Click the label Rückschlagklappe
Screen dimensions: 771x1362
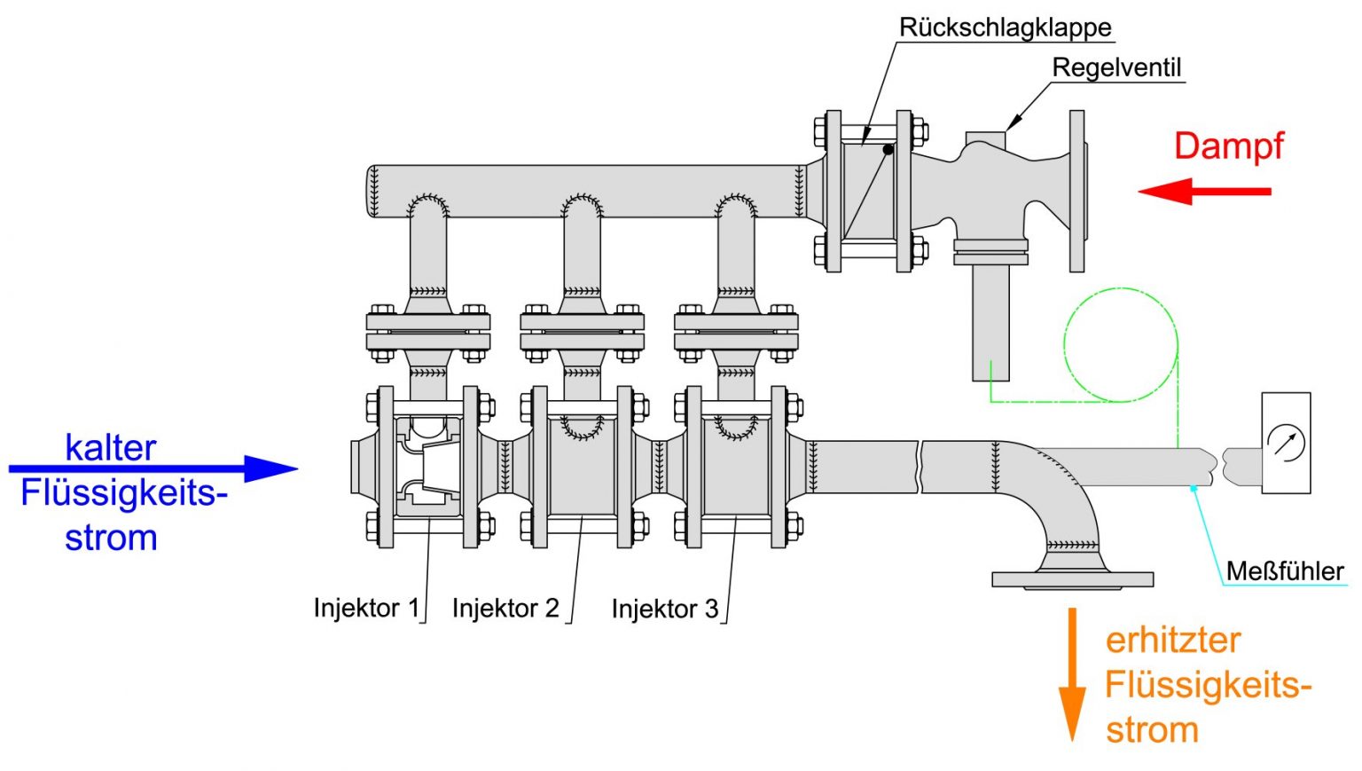click(1005, 28)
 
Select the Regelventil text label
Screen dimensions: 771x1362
click(1116, 67)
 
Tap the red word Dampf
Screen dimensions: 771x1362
click(1228, 146)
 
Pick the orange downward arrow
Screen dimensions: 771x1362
click(1072, 674)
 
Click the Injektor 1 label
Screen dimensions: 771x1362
click(366, 609)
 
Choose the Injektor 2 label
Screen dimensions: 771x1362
click(505, 609)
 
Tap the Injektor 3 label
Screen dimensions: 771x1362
click(664, 610)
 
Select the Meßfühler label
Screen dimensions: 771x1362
click(1284, 571)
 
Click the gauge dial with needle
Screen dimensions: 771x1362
click(1286, 442)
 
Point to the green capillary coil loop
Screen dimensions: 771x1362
click(1121, 345)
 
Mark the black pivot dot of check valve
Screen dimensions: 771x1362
click(888, 149)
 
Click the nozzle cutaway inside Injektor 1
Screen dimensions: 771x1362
click(429, 467)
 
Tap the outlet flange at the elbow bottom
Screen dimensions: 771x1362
click(1072, 579)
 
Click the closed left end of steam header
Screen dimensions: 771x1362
click(373, 191)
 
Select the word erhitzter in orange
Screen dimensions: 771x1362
click(1172, 641)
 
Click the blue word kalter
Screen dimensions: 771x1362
click(111, 448)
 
